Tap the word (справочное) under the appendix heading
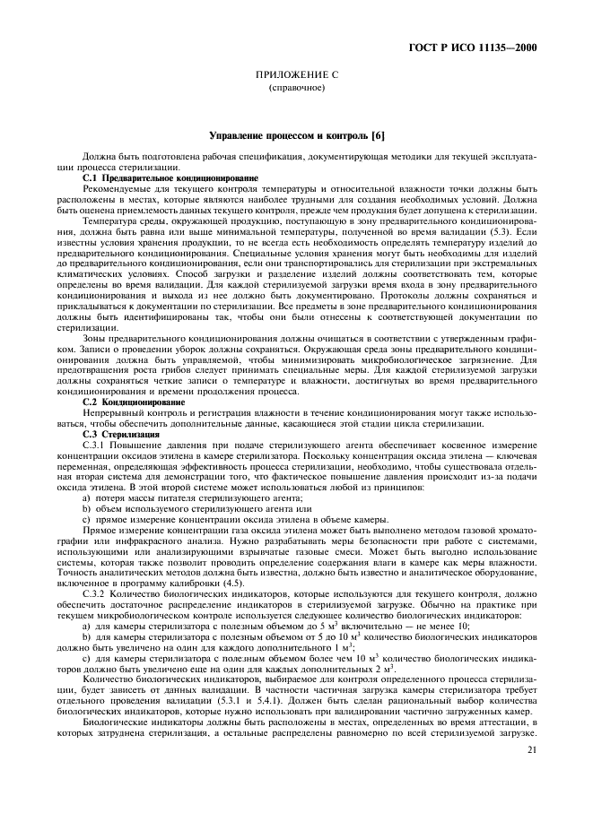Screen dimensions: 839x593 296,88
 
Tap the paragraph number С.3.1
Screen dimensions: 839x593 95,445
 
